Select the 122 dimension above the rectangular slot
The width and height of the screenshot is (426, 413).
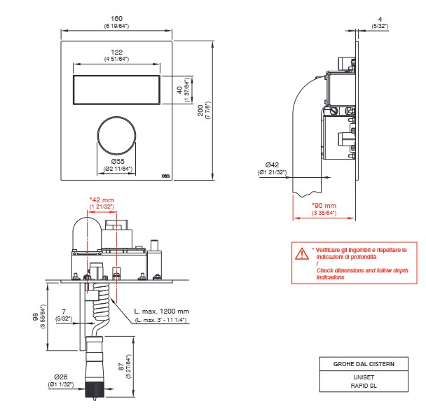point(117,52)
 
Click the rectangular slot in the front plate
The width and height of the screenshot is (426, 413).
point(117,89)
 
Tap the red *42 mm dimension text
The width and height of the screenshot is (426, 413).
point(102,200)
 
